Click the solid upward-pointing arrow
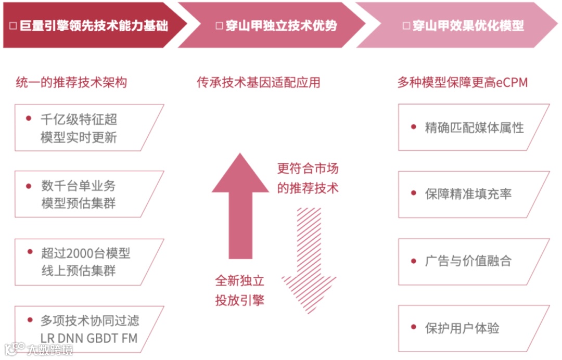(240, 208)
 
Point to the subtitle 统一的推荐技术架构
(72, 82)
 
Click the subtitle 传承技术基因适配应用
(258, 82)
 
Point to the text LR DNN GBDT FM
(89, 338)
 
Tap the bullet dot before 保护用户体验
(413, 327)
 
